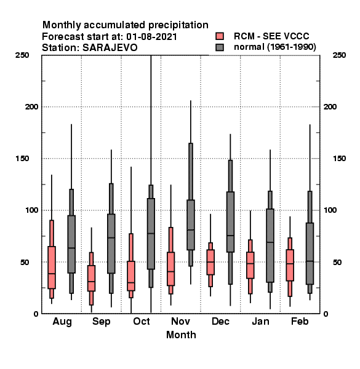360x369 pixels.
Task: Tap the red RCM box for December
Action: (x=210, y=262)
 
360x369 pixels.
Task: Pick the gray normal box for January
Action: (x=270, y=245)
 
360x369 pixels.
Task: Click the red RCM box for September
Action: (x=91, y=278)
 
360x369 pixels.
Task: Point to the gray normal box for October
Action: (x=151, y=234)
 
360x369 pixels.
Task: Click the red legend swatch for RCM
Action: (x=220, y=36)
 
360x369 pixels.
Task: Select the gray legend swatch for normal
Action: (x=220, y=47)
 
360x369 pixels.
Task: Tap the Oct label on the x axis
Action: (x=142, y=322)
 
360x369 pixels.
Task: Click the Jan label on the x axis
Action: (x=260, y=322)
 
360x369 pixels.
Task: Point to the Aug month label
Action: (x=62, y=322)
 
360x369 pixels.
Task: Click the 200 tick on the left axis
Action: (x=31, y=107)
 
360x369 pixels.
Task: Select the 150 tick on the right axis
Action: (x=340, y=159)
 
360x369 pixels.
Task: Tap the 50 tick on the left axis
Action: (x=25, y=262)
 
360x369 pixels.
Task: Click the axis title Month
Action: (x=181, y=335)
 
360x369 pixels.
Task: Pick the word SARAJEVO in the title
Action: (x=110, y=48)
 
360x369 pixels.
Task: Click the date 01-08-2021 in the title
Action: (x=151, y=37)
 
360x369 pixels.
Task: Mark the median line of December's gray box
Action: (x=231, y=236)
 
